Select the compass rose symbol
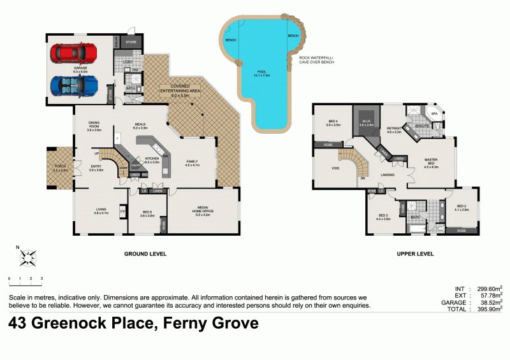point(27,257)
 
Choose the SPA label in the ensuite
point(435,115)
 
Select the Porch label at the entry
point(61,168)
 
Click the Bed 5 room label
point(147,213)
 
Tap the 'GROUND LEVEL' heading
point(145,254)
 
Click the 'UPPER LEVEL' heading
point(415,254)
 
